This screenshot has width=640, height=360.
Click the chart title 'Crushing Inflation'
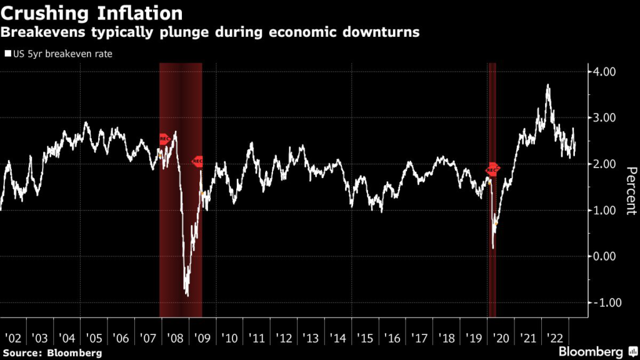point(92,12)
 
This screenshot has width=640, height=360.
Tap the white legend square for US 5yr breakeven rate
point(8,54)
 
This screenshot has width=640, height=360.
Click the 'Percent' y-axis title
point(630,191)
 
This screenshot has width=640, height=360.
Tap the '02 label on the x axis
point(12,338)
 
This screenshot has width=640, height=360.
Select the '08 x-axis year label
point(175,338)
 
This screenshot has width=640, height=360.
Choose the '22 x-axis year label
point(554,338)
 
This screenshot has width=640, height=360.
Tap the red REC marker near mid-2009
point(197,161)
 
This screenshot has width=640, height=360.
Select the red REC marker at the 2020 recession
point(493,169)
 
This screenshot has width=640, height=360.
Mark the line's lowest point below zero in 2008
point(187,296)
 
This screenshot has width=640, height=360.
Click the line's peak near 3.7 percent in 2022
point(548,85)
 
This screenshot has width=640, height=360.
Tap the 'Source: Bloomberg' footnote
point(52,353)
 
